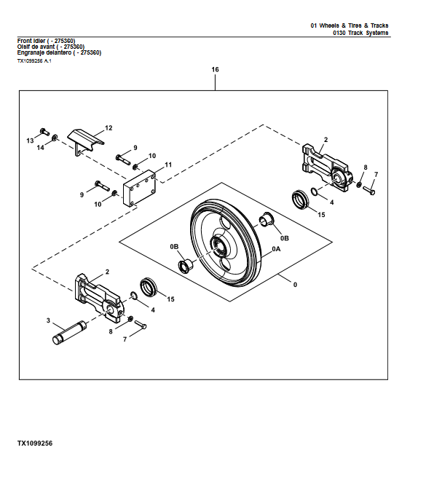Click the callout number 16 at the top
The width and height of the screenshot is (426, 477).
point(215,69)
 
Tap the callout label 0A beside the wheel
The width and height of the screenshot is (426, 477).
point(276,248)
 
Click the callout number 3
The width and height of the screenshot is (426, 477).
point(48,320)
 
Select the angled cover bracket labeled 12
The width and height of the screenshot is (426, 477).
point(83,139)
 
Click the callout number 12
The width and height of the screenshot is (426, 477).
point(109,127)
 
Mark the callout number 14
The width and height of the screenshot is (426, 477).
point(41,148)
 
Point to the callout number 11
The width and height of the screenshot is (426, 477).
point(167,165)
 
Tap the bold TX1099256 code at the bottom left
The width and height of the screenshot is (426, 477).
point(35,443)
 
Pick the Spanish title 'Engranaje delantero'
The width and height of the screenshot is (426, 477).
point(59,52)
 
